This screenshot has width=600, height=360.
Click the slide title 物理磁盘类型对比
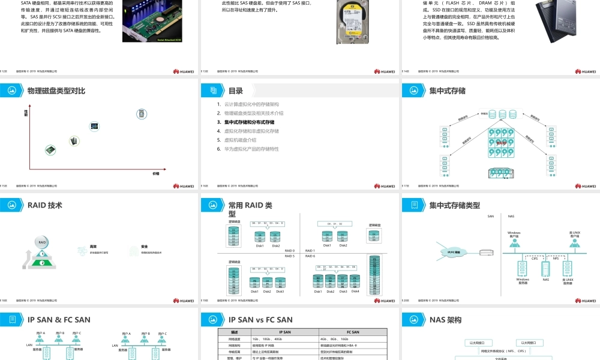pyautogui.click(x=56, y=91)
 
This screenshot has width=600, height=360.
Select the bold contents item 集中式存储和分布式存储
pyautogui.click(x=249, y=122)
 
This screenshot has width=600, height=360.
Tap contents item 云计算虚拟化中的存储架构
pyautogui.click(x=251, y=104)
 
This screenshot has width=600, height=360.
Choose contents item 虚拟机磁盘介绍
pyautogui.click(x=240, y=140)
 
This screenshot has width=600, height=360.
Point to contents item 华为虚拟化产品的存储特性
pyautogui.click(x=251, y=149)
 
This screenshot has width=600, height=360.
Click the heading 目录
pyautogui.click(x=236, y=91)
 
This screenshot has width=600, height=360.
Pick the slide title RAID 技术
pyautogui.click(x=45, y=205)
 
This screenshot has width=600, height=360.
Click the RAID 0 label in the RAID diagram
pyautogui.click(x=290, y=250)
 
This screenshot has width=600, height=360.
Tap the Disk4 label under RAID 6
pyautogui.click(x=355, y=292)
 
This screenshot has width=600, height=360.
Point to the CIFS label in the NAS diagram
pyautogui.click(x=535, y=259)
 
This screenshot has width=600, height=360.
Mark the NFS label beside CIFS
pyautogui.click(x=556, y=259)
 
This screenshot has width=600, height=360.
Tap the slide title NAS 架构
pyautogui.click(x=445, y=320)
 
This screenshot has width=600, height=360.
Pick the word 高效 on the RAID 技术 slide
pyautogui.click(x=94, y=247)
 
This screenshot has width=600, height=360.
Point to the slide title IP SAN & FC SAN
pyautogui.click(x=59, y=320)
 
